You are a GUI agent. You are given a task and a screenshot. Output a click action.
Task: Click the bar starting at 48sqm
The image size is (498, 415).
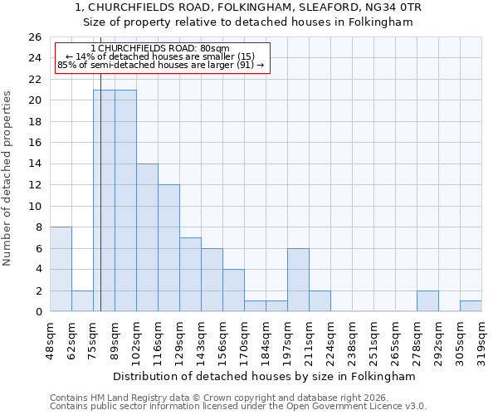pyautogui.click(x=61, y=269)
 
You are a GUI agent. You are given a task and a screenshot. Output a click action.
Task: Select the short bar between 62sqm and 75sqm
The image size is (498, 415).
pyautogui.click(x=82, y=301)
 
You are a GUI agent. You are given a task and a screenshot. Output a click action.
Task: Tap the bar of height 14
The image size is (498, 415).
pyautogui.click(x=147, y=237)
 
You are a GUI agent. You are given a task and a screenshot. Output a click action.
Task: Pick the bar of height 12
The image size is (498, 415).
pyautogui.click(x=168, y=248)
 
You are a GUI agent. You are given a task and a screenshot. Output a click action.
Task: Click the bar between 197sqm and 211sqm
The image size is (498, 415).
pyautogui.click(x=298, y=280)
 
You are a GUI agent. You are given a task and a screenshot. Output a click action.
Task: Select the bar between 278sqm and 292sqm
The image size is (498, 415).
pyautogui.click(x=427, y=301)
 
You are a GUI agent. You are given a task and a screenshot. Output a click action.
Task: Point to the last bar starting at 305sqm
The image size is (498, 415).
pyautogui.click(x=471, y=306)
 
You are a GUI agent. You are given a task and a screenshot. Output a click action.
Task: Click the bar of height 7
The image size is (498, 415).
pyautogui.click(x=190, y=275)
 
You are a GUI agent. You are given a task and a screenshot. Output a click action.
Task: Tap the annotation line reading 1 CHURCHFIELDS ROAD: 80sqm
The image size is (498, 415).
pyautogui.click(x=162, y=49)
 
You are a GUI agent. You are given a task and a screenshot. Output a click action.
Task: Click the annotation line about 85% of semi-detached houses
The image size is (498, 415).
pyautogui.click(x=162, y=65)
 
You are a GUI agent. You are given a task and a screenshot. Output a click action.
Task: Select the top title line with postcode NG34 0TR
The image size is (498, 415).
pyautogui.click(x=249, y=7)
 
